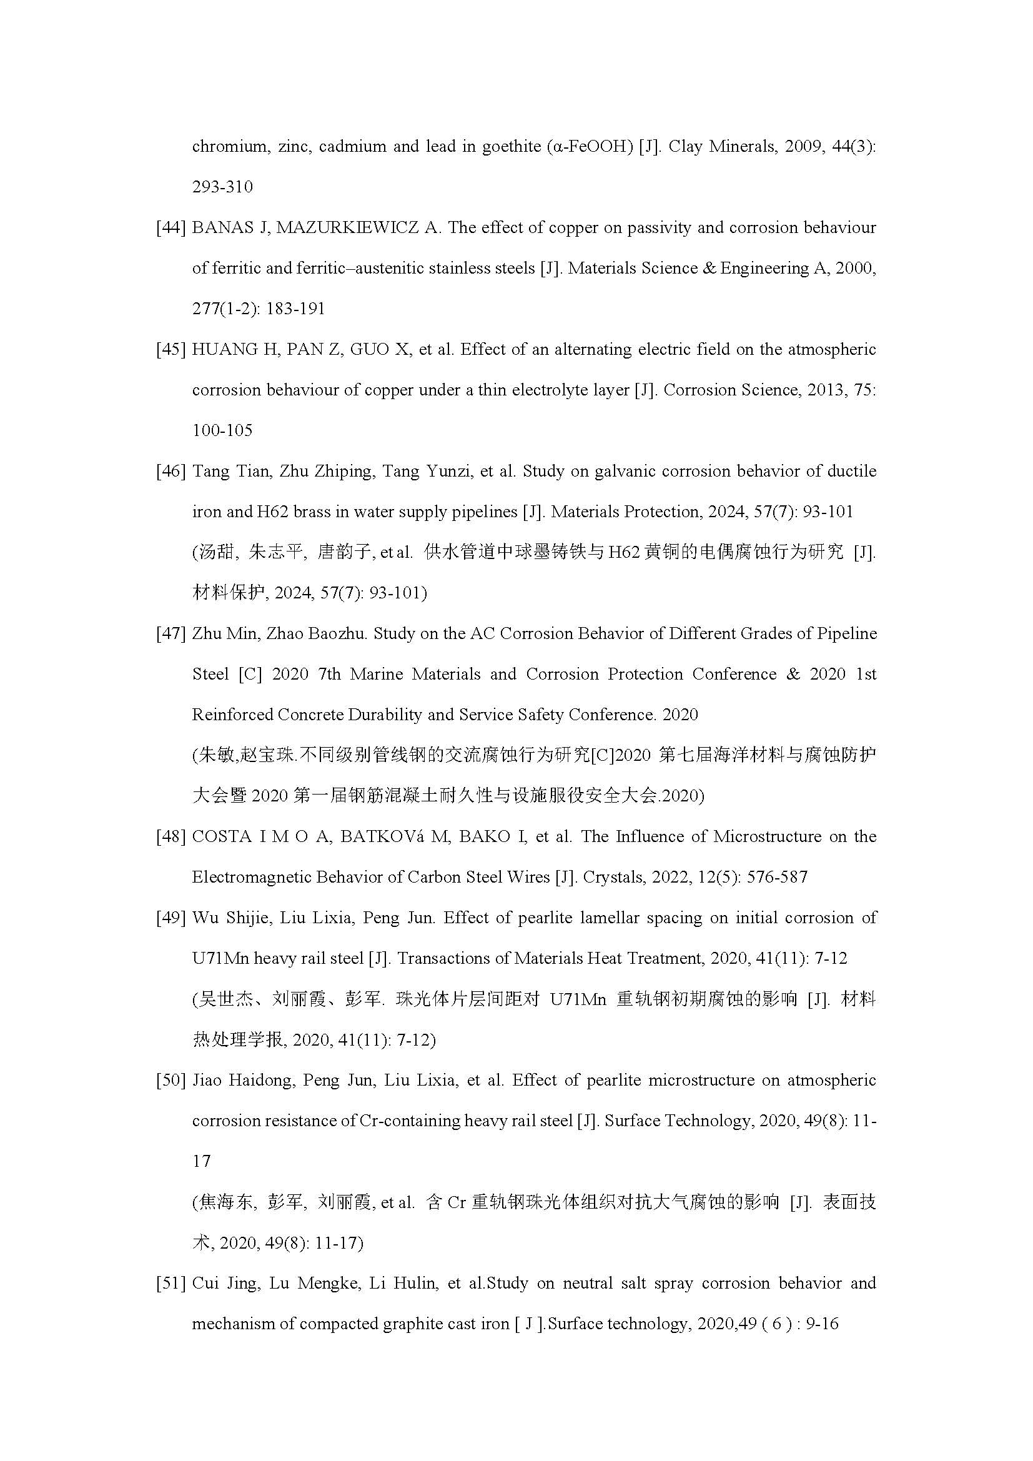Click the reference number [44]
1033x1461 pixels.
tap(171, 228)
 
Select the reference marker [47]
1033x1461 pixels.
tap(171, 634)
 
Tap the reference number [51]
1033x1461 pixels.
tap(171, 1283)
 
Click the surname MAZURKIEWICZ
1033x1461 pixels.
tap(347, 228)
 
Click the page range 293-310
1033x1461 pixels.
tap(222, 187)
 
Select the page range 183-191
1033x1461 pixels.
tap(295, 309)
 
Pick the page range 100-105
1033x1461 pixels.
tap(222, 431)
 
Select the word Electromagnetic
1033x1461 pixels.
tap(251, 878)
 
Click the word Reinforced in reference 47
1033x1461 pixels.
tap(232, 715)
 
